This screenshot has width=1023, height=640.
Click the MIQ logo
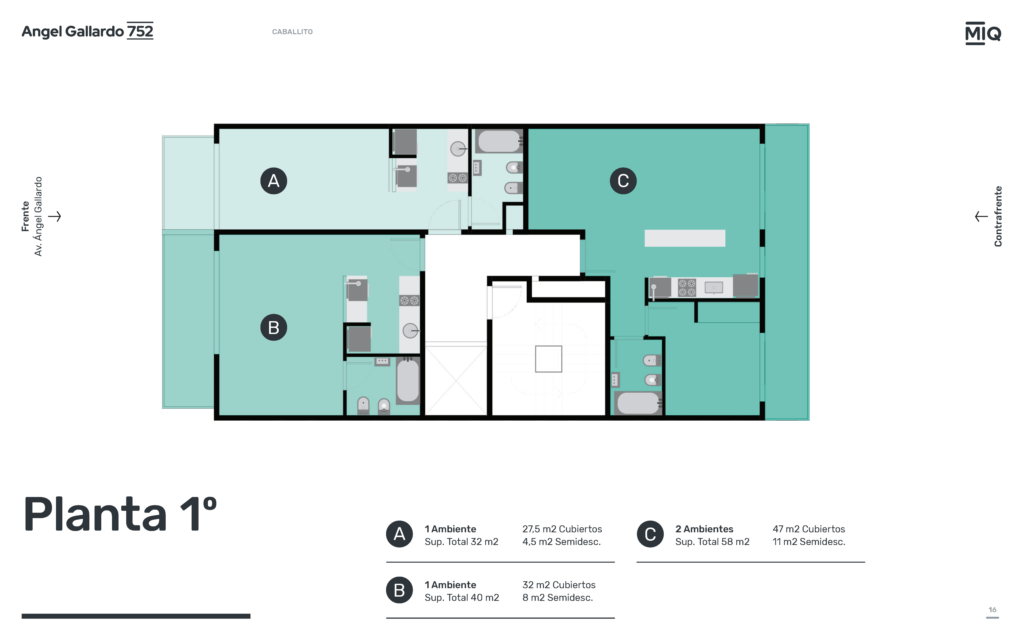983,33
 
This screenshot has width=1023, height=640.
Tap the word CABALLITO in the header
292,32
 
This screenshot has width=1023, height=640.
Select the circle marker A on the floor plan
274,181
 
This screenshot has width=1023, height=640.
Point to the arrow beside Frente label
54,216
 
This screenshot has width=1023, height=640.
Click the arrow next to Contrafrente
981,216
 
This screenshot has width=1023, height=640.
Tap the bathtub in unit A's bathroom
499,141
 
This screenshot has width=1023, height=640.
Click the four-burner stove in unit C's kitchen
687,287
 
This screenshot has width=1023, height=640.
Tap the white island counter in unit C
685,238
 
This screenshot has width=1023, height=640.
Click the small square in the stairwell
549,359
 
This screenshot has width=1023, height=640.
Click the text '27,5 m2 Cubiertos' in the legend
562,529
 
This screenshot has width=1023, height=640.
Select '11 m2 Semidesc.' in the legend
809,542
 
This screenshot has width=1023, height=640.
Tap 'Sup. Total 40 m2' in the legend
462,598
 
